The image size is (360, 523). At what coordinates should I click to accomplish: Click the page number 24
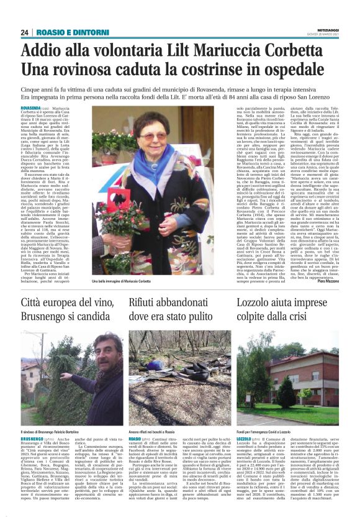point(25,32)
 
